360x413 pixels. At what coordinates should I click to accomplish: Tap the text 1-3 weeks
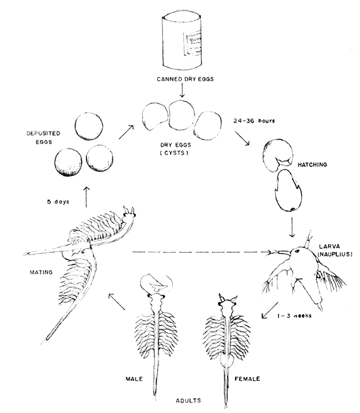pyautogui.click(x=292, y=315)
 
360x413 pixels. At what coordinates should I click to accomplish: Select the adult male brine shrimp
pyautogui.click(x=156, y=321)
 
